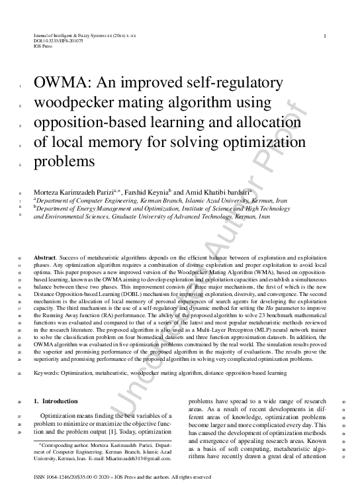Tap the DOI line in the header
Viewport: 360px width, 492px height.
(x=49, y=42)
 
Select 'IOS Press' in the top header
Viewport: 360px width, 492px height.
(x=41, y=47)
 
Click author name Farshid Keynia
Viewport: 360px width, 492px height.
(x=151, y=189)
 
